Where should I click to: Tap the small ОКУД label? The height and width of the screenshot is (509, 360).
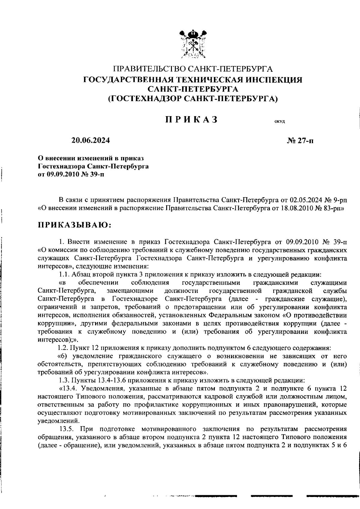pos(279,122)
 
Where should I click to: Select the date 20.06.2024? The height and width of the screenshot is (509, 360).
pos(91,140)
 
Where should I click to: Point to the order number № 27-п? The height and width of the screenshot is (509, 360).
pos(300,141)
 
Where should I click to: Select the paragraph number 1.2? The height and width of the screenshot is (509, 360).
pos(64,348)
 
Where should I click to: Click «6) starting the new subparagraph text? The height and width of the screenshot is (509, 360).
pos(62,356)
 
